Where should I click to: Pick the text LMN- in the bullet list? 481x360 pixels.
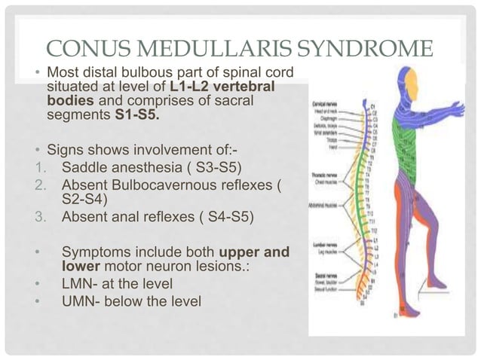pos(81,284)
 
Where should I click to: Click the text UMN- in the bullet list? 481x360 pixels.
pos(81,302)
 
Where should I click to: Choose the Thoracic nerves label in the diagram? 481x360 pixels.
pos(325,175)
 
